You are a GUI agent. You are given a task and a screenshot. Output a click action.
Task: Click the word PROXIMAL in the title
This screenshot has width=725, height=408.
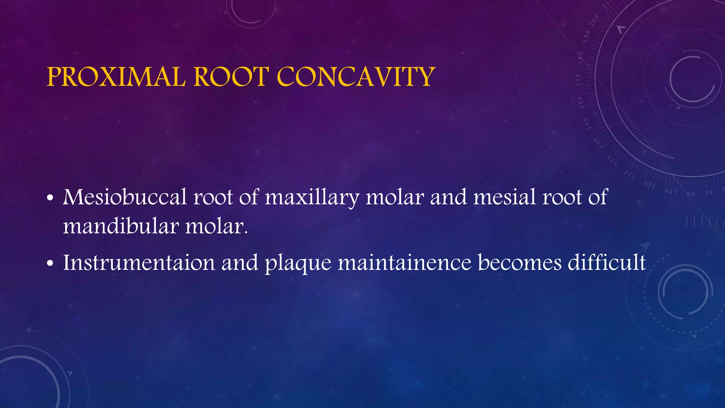point(116,77)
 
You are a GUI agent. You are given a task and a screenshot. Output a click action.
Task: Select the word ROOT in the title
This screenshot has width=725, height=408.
point(232,77)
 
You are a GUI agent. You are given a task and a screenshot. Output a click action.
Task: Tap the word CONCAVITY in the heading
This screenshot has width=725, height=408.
point(355,77)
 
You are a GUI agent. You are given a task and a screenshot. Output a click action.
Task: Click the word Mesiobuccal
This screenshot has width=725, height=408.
point(125,197)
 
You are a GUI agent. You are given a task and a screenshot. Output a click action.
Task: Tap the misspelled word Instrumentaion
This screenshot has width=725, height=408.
point(139,263)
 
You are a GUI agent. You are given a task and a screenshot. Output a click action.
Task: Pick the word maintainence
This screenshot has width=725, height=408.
point(404,263)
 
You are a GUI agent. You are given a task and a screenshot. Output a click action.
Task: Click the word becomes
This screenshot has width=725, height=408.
point(519,263)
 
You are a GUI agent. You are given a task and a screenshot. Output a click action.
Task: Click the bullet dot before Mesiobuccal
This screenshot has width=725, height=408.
point(50,199)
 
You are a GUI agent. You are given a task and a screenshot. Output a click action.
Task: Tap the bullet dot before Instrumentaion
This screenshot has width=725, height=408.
point(50,264)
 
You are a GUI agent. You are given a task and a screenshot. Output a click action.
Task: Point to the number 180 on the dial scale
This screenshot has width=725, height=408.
point(580,57)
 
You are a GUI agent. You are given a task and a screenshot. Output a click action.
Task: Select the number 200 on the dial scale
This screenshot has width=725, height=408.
point(594,21)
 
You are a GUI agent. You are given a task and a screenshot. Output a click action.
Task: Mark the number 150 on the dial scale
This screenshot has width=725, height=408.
point(586,123)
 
